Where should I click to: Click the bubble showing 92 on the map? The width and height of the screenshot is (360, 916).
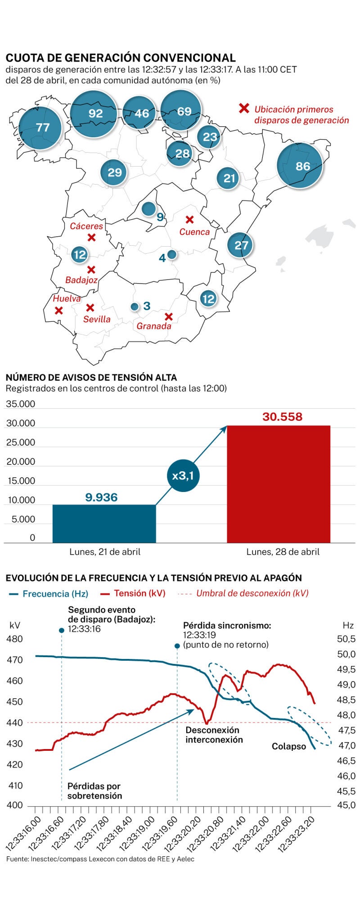(95, 113)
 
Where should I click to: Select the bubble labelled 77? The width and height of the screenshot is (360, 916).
(42, 127)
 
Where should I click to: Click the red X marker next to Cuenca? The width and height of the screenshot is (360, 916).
(190, 220)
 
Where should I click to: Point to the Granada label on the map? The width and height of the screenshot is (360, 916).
(154, 326)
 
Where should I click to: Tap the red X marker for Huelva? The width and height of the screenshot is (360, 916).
(58, 310)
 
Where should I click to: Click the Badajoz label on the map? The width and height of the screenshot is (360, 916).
(81, 280)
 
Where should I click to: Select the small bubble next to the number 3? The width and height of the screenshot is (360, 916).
(134, 307)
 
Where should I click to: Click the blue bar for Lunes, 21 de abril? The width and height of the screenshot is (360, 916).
(104, 523)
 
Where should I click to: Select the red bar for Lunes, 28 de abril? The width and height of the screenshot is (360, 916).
(279, 484)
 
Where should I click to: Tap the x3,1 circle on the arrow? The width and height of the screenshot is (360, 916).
(183, 475)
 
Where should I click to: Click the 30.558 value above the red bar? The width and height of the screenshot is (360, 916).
(283, 417)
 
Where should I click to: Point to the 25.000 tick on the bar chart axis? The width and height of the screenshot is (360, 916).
(21, 442)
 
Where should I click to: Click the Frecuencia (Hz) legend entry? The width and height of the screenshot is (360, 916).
(49, 594)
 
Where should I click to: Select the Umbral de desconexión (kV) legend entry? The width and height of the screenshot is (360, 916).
(252, 593)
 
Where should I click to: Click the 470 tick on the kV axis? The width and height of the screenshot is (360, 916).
(15, 660)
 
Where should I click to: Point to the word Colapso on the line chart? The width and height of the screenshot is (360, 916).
(289, 746)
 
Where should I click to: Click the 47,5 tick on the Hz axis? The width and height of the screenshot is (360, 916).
(346, 730)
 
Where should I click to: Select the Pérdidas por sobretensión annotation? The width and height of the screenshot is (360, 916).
(94, 791)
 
